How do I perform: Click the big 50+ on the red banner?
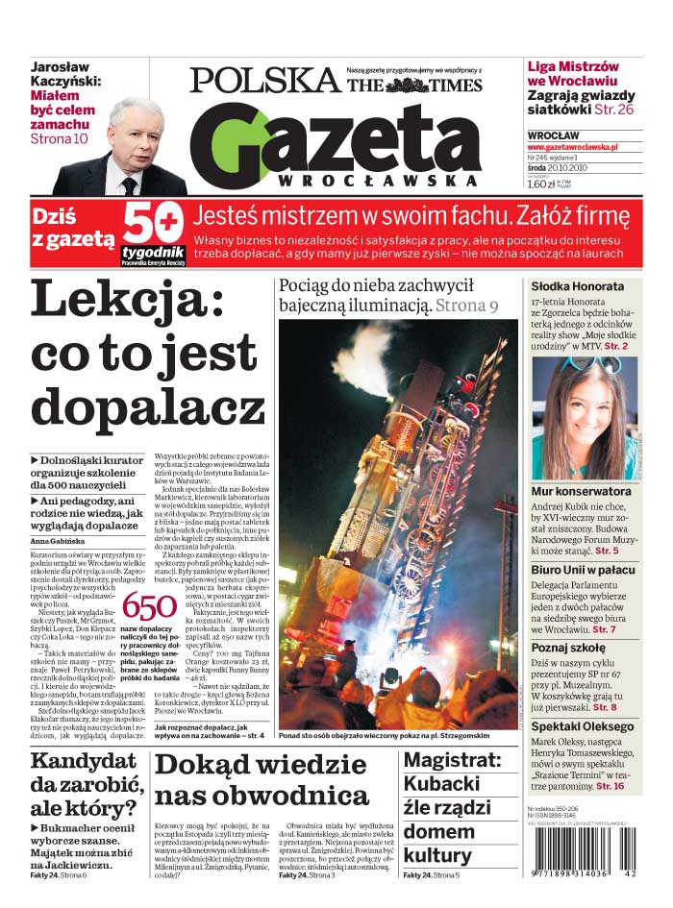(154, 225)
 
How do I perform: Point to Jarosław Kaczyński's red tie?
(128, 184)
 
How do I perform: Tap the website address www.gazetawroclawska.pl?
(572, 147)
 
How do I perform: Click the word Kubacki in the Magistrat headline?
(442, 784)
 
